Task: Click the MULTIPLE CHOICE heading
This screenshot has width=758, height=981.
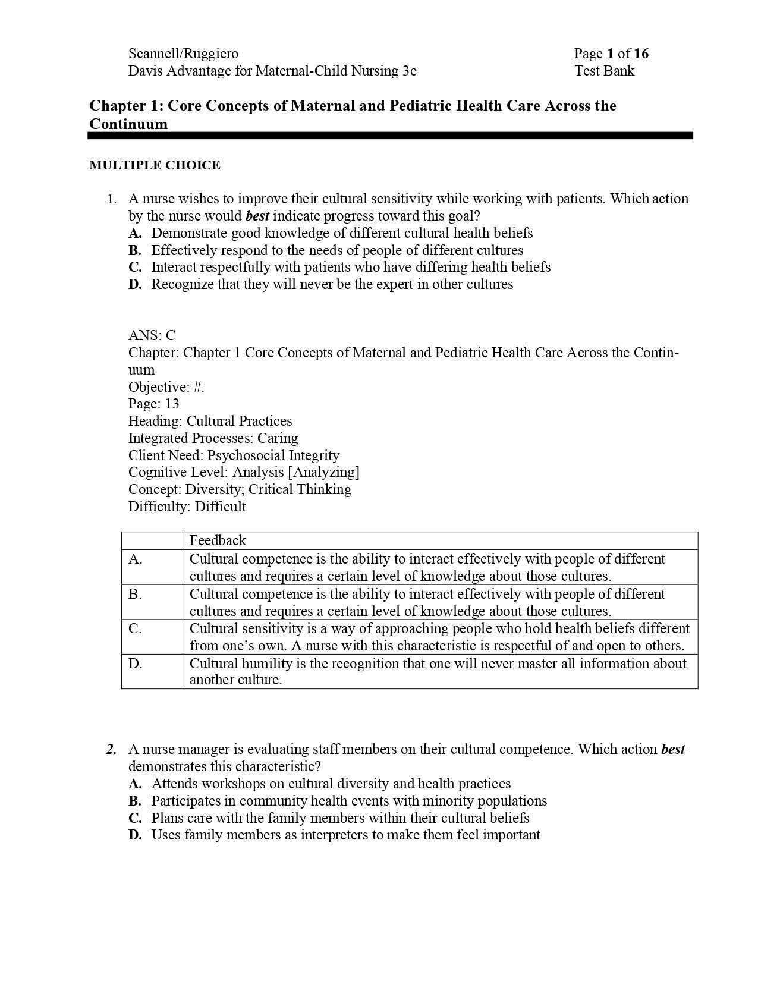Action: [155, 165]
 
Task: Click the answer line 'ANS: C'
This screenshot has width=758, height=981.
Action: [152, 335]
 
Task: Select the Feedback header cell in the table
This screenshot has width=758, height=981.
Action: [218, 540]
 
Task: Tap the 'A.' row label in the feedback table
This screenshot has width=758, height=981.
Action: [136, 559]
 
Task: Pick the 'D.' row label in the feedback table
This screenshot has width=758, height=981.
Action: [136, 664]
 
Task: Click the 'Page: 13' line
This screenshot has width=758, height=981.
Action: [153, 404]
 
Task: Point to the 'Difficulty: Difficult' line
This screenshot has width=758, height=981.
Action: [187, 507]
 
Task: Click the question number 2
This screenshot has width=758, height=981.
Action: [111, 750]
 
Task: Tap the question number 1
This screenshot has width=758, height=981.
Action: [111, 199]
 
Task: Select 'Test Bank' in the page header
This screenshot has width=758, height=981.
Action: [604, 71]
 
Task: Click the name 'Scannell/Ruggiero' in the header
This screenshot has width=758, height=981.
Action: [183, 54]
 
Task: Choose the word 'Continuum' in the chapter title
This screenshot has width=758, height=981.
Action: [128, 124]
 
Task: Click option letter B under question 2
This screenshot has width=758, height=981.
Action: [135, 801]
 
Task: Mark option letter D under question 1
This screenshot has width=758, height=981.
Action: [135, 284]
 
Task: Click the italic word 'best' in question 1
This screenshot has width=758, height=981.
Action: [257, 216]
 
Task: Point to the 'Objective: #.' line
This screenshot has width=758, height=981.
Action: [166, 387]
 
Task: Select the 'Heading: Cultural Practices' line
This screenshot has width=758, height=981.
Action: [210, 421]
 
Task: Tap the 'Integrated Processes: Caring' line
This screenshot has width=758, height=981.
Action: [213, 438]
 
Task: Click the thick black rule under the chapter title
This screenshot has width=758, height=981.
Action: [390, 136]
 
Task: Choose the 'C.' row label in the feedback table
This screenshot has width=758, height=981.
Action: [136, 628]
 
